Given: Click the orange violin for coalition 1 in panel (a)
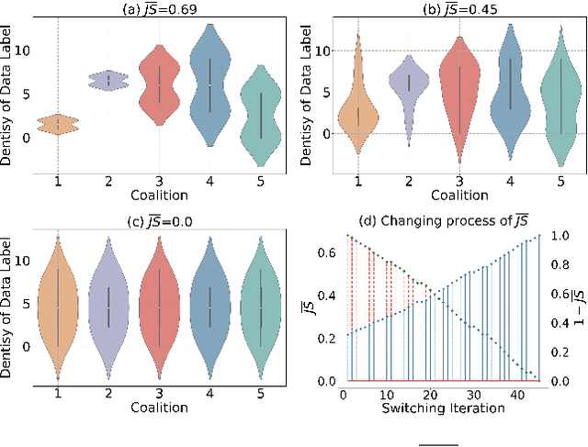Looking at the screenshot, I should click(59, 125).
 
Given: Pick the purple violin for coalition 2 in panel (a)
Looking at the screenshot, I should click(109, 80).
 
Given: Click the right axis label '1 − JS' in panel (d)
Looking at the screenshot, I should click(582, 307).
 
